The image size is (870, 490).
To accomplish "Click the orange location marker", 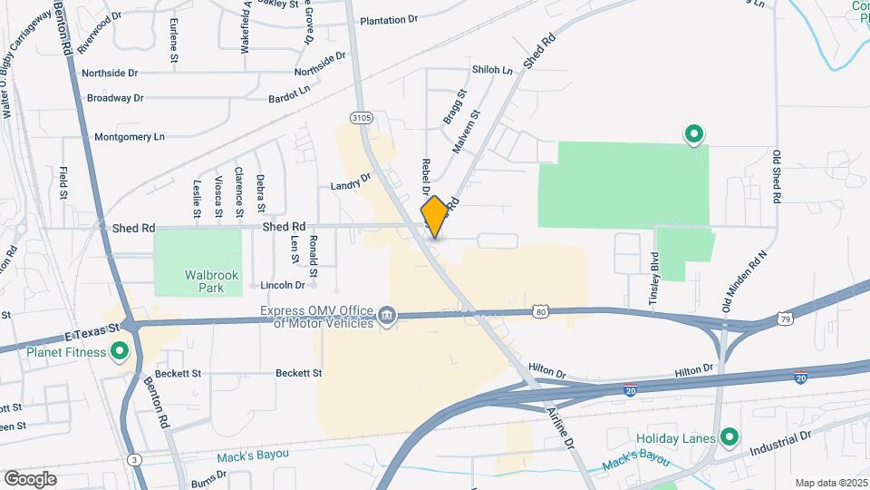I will [435, 217].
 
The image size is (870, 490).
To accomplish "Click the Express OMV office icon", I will [387, 315].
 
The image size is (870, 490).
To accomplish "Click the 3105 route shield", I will [361, 117].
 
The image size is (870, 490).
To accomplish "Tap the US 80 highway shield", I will [540, 311].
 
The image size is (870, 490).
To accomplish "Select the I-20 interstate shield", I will [800, 375].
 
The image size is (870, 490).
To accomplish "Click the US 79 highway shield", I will [786, 318].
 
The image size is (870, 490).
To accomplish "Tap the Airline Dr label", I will [560, 427].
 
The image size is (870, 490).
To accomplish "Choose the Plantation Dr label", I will [389, 19].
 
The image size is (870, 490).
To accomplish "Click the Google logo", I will [30, 478].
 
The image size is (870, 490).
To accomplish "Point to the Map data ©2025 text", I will [830, 483].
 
